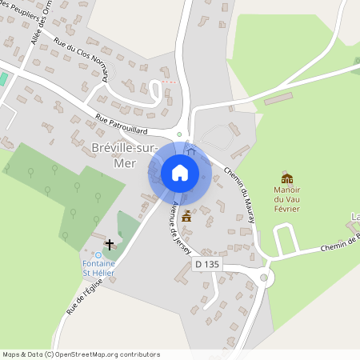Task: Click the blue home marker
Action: coord(180,173)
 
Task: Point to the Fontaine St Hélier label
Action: coord(98,268)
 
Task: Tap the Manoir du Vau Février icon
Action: coord(286,178)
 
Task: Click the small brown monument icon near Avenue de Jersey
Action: coord(187,215)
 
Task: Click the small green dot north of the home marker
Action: coord(179,134)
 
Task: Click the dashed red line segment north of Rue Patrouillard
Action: coord(166,82)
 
